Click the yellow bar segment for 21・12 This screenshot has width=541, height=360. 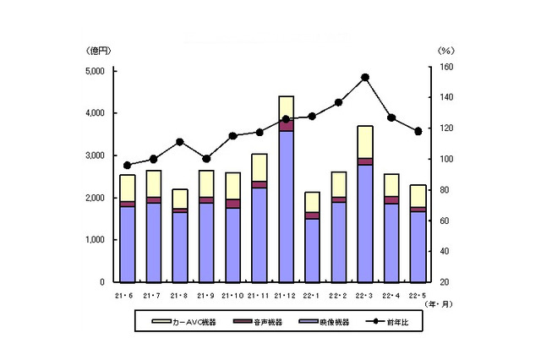286,107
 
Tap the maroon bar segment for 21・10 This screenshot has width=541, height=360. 233,203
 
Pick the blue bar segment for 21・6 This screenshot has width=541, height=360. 128,243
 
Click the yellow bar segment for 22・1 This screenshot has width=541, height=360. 312,202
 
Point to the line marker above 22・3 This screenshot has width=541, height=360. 364,77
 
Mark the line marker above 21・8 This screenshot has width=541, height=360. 180,141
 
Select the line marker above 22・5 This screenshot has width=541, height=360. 418,131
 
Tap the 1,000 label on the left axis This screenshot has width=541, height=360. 93,239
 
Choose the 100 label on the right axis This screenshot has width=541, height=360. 445,159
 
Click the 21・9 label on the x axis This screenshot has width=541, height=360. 206,294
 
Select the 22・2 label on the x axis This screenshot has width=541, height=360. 338,294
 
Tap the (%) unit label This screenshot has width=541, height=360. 445,51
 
